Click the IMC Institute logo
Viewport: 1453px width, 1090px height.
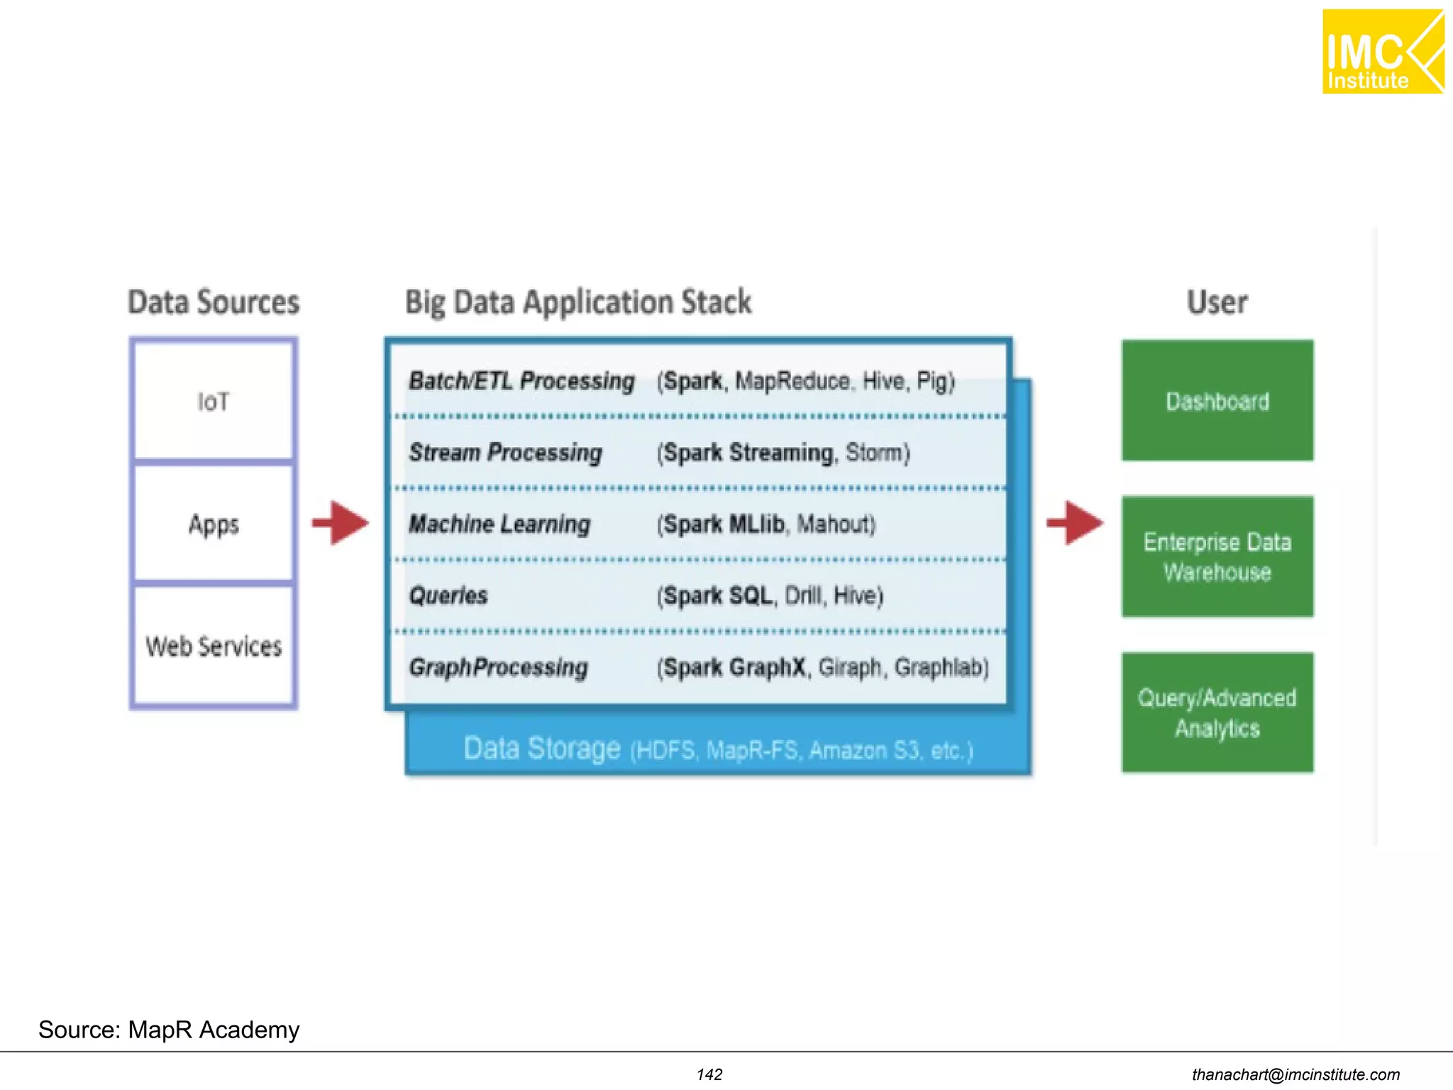[1382, 52]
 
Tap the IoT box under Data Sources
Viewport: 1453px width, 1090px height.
[213, 401]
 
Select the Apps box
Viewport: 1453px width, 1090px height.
[213, 524]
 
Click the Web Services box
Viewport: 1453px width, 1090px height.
[213, 646]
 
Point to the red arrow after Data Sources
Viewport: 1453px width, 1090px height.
[341, 523]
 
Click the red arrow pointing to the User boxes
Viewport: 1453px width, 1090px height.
[1076, 523]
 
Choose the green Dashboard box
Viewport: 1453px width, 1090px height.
[1217, 401]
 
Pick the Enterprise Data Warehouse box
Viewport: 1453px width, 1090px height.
[1217, 556]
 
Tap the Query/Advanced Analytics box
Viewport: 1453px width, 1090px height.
[1217, 712]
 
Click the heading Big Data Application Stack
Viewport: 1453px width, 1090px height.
[578, 302]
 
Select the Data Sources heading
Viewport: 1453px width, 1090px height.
[214, 302]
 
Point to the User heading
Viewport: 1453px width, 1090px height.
[1217, 302]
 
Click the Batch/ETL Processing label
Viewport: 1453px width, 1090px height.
[521, 381]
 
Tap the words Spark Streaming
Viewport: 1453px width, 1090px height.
[748, 453]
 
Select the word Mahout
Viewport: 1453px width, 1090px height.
[835, 524]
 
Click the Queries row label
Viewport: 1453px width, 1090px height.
[448, 595]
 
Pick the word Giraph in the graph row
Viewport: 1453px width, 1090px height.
[850, 667]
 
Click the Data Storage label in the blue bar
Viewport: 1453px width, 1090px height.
[542, 749]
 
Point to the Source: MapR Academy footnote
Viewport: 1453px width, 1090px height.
[169, 1030]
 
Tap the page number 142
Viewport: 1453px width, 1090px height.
[709, 1074]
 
